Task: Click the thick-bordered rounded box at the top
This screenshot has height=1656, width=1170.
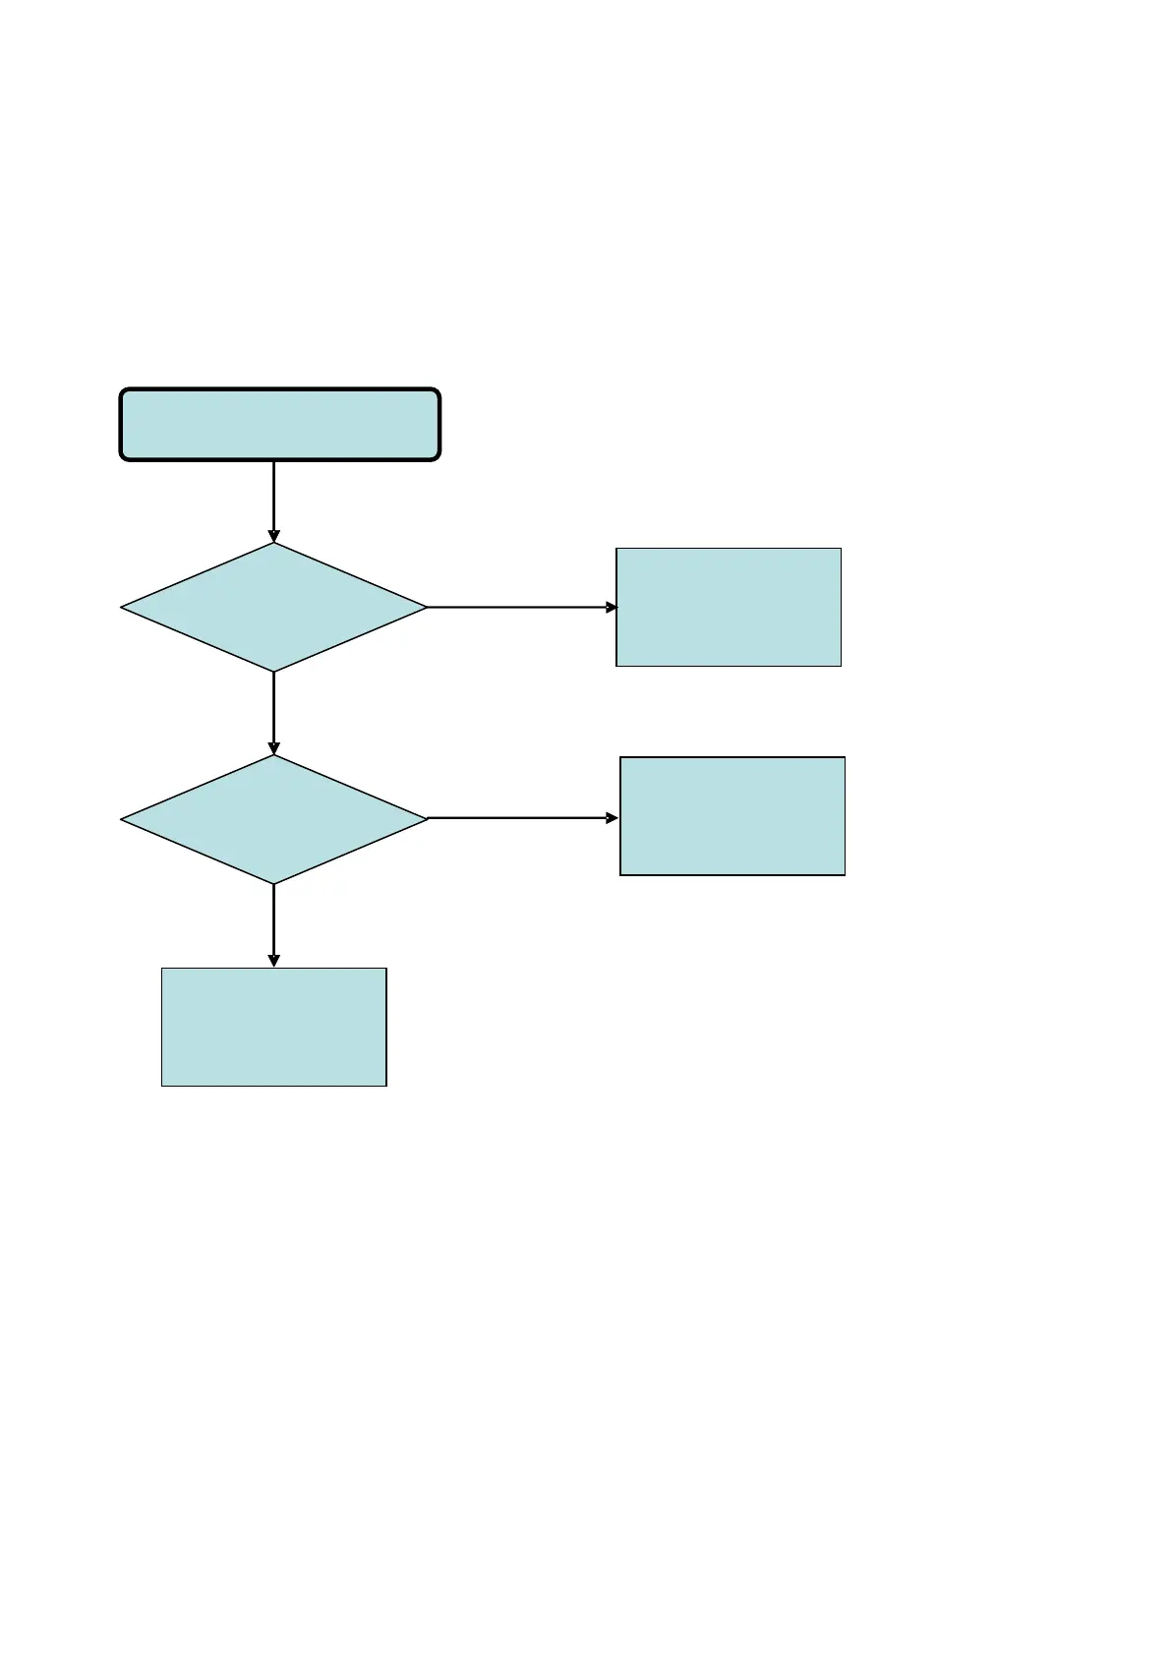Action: point(279,424)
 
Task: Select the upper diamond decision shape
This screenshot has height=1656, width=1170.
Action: point(273,608)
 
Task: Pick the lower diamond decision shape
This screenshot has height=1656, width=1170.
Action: point(273,819)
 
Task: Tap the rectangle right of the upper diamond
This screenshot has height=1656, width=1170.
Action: point(729,607)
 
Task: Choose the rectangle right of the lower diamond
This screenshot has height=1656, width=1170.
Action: point(732,816)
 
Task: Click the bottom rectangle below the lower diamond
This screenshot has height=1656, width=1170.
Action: point(273,1027)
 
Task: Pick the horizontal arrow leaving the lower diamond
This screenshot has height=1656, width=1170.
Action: point(521,818)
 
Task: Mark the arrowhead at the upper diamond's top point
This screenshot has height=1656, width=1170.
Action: point(273,536)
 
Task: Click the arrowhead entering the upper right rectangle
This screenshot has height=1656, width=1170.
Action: point(612,608)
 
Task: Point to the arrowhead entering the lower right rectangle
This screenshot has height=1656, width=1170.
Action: point(613,818)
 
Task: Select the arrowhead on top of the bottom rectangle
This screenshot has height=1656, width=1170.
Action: point(273,961)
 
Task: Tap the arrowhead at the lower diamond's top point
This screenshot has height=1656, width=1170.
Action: point(273,748)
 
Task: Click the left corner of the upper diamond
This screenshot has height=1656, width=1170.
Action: point(123,608)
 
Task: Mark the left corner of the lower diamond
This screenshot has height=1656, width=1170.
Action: point(123,819)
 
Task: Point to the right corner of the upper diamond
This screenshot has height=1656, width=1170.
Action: point(425,608)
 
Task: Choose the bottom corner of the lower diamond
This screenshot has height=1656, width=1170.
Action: point(273,882)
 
